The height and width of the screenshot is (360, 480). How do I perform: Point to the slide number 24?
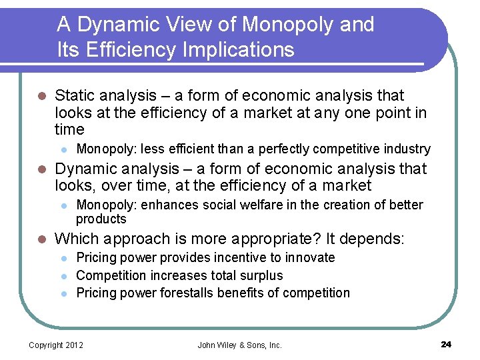(x=446, y=344)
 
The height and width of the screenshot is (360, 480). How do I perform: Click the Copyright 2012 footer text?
(x=55, y=345)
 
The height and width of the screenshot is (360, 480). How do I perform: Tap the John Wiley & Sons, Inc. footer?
(x=240, y=345)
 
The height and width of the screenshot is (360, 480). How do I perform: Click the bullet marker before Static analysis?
(x=41, y=96)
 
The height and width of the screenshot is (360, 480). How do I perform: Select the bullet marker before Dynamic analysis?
(x=41, y=169)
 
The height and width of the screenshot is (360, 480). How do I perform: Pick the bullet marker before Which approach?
(x=41, y=239)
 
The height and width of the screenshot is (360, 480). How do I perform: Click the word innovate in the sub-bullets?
(x=310, y=257)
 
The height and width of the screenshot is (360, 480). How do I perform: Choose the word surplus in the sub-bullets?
(x=261, y=275)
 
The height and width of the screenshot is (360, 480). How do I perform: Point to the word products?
(x=101, y=219)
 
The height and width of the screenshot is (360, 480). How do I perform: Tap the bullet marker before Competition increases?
(x=62, y=276)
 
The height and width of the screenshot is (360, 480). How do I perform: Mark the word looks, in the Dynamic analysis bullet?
(x=75, y=186)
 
